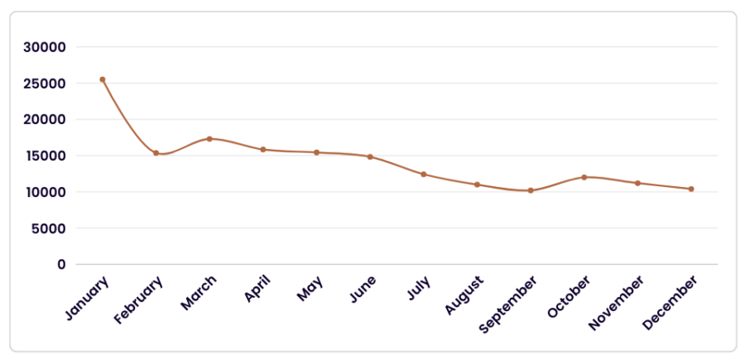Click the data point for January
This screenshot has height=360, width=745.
[102, 79]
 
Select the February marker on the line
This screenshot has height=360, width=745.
[156, 153]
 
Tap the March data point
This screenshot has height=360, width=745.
[209, 139]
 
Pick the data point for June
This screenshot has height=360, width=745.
[370, 156]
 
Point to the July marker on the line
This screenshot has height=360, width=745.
[423, 175]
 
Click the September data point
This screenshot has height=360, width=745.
[531, 190]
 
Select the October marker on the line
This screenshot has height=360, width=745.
[584, 177]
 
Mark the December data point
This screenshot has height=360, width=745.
[691, 189]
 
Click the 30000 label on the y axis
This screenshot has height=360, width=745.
[44, 47]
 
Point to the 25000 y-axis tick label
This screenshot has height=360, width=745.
[44, 83]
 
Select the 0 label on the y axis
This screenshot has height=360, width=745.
[61, 264]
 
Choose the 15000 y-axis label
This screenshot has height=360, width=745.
[44, 156]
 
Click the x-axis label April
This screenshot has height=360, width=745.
[257, 288]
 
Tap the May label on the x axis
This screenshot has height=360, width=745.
[310, 288]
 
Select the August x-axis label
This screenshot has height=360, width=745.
[464, 295]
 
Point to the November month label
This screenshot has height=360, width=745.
[616, 303]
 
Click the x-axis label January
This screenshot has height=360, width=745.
[86, 297]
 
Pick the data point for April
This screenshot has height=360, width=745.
[262, 150]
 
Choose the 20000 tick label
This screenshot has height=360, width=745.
[44, 119]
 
